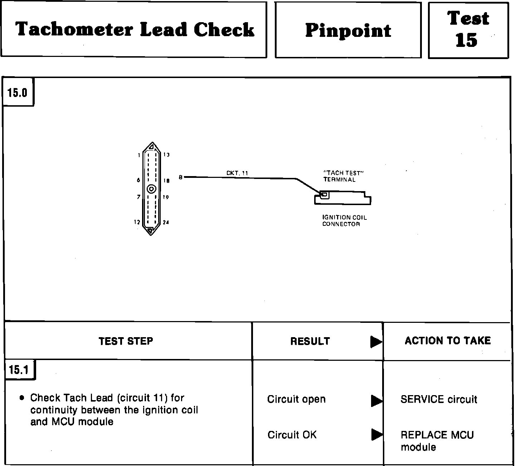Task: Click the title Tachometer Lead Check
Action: (x=135, y=29)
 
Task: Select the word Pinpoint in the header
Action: (x=348, y=31)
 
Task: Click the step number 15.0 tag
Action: (x=18, y=93)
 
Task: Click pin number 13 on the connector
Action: (x=166, y=155)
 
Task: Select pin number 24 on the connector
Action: (x=166, y=223)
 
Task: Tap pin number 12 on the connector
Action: (x=137, y=222)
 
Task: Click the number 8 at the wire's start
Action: (x=181, y=177)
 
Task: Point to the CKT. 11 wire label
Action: (x=237, y=173)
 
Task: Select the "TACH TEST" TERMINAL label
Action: (x=344, y=176)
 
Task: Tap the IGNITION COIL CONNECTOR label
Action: (x=345, y=220)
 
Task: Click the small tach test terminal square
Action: (x=324, y=195)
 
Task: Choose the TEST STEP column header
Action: (x=126, y=341)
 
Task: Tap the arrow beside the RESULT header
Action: (x=376, y=342)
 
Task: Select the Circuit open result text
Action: (x=296, y=399)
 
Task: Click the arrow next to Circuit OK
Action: (x=376, y=435)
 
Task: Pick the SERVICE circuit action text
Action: (x=439, y=399)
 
